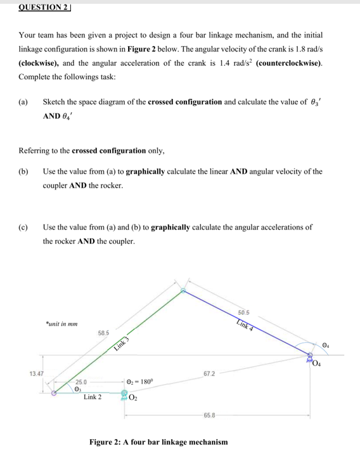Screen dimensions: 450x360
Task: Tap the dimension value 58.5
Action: pyautogui.click(x=104, y=332)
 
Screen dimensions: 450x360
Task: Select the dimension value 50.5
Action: pyautogui.click(x=245, y=312)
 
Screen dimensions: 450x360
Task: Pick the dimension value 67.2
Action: pyautogui.click(x=210, y=374)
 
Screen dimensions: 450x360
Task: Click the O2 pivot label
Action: pyautogui.click(x=134, y=398)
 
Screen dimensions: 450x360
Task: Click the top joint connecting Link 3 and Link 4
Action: pyautogui.click(x=183, y=292)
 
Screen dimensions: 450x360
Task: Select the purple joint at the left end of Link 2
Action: pyautogui.click(x=55, y=393)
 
